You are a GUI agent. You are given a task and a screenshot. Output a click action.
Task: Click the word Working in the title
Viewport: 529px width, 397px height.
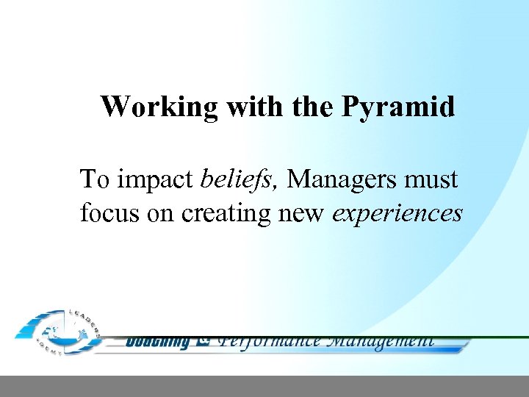click(x=159, y=107)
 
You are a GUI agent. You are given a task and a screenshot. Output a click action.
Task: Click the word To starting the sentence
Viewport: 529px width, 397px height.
click(x=95, y=179)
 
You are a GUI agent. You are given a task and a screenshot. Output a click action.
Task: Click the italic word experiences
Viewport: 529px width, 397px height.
click(x=397, y=214)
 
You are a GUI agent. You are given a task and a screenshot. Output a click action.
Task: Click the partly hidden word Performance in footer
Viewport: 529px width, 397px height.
click(x=270, y=340)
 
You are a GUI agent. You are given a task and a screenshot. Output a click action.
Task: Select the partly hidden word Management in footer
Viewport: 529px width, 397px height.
click(x=380, y=340)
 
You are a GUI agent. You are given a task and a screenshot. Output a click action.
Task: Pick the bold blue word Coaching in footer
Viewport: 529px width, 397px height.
click(x=156, y=341)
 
